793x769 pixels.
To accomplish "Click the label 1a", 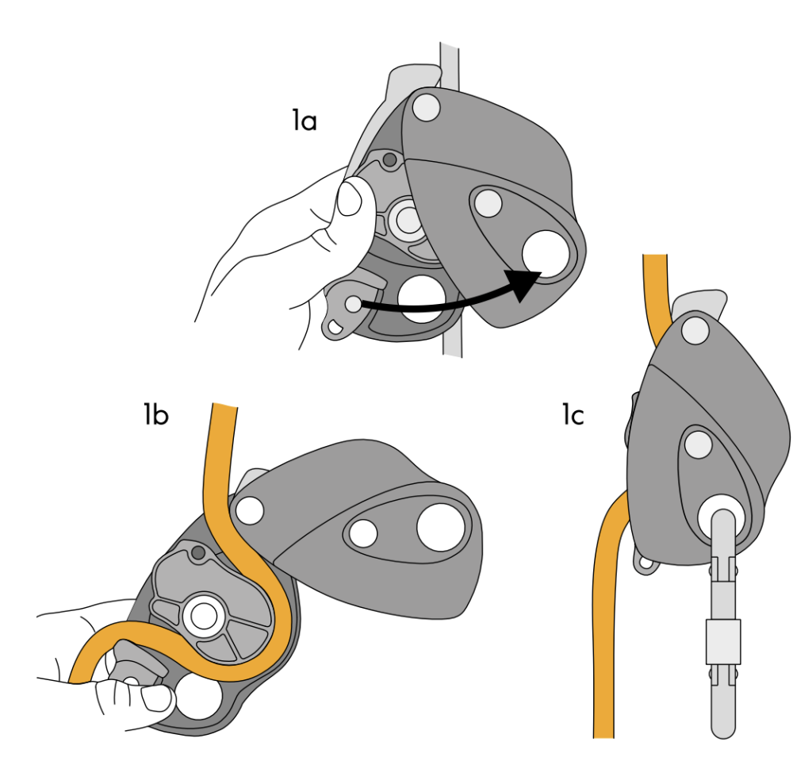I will point(304,121).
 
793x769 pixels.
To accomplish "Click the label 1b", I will point(155,414).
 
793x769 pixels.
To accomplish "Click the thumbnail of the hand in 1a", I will point(350,199).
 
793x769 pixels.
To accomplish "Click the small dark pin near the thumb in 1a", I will point(389,160).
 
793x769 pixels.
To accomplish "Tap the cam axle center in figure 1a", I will point(408,221).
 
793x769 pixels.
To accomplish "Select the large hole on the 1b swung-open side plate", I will point(440,526).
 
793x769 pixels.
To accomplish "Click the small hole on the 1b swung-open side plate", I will point(364,533).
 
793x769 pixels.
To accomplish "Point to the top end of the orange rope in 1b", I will point(224,407).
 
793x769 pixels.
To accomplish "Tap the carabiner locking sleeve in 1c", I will point(722,641).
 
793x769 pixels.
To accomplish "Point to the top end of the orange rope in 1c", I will point(655,258).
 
